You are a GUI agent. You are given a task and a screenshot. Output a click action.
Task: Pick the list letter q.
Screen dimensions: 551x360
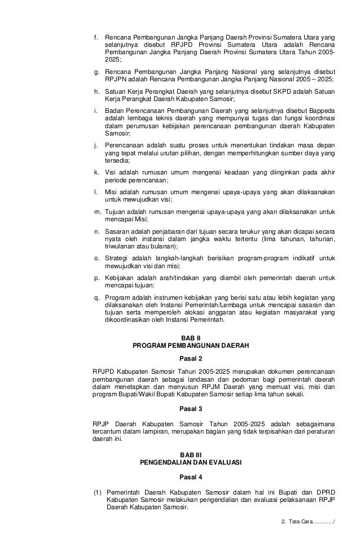pos(95,297)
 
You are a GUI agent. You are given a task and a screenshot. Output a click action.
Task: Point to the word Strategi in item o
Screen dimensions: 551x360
pos(118,257)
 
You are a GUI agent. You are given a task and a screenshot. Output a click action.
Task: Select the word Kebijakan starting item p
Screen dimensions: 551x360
pos(120,278)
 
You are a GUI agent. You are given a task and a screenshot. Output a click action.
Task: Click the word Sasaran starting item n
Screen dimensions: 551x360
pos(117,231)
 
